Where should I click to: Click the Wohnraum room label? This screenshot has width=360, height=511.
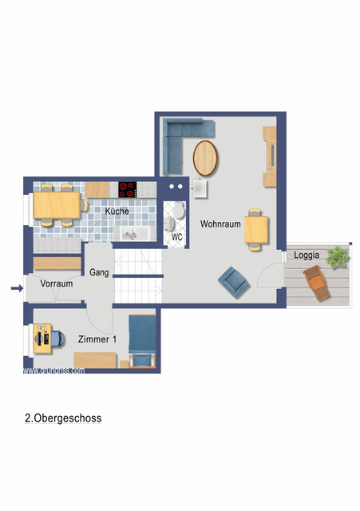coord(220,224)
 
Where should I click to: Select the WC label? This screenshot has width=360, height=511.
coord(176,237)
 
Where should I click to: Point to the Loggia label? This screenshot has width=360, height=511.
coord(307,255)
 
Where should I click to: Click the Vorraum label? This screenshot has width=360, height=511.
coord(57,283)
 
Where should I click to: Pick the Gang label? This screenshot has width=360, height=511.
coord(99,272)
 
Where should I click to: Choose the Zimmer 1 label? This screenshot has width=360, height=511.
coord(97,339)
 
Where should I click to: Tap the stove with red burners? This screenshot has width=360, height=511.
coord(128,190)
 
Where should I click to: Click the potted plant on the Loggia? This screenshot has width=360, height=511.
coord(338,256)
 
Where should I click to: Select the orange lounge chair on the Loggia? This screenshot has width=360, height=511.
coord(316,283)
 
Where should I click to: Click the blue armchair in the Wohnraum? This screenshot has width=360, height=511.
coord(232,279)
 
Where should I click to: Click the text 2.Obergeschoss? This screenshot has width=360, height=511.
coord(63,418)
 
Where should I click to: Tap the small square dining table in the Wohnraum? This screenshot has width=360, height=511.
coord(255,229)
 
